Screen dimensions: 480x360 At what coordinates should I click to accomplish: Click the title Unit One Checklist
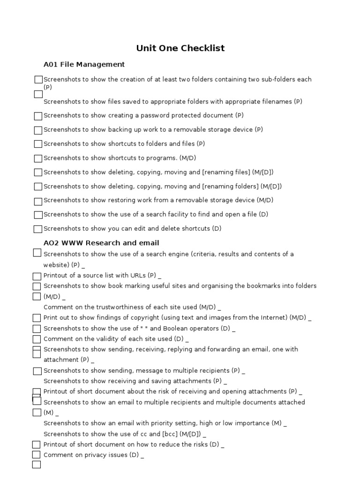pos(180,48)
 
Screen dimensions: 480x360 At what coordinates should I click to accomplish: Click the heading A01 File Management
pos(84,64)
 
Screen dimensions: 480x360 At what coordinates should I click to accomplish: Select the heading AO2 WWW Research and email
pos(101,243)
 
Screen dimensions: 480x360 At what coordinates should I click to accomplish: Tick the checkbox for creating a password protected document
pos(38,116)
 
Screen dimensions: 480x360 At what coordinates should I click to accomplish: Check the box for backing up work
pos(38,130)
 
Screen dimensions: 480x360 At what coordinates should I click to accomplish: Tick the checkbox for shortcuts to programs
pos(38,158)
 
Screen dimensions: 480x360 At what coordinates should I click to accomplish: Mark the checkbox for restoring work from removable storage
pos(38,201)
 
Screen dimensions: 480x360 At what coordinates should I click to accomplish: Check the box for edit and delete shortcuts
pos(38,229)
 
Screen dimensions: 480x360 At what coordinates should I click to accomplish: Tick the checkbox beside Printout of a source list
pos(37,277)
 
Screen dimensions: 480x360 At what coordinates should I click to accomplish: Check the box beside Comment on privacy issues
pos(36,455)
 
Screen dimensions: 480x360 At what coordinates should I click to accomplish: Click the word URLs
pos(136,275)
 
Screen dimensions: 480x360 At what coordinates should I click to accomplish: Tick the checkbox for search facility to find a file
pos(38,215)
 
